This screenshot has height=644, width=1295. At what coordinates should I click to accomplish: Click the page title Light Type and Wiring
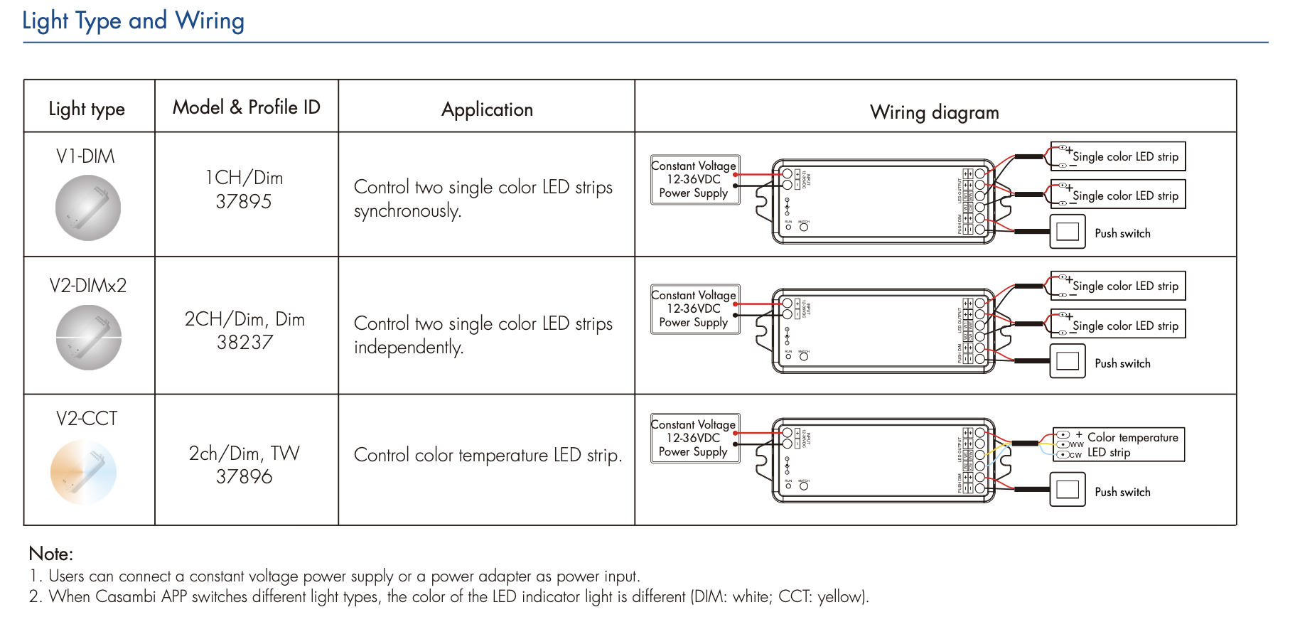pos(133,21)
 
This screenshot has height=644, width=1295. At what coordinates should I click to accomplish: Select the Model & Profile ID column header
pos(246,107)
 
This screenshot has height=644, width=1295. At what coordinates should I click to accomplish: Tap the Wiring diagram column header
pos(934,112)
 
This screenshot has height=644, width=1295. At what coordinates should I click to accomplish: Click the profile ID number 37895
pos(244,202)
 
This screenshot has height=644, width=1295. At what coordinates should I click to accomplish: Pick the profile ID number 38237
pos(245,343)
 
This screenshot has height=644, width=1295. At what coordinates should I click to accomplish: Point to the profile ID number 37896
pos(244,476)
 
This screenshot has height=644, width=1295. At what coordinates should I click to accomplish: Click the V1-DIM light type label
pos(85,156)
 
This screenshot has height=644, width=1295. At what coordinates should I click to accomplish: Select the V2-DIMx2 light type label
pos(87,286)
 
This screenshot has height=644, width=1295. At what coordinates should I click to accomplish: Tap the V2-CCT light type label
pos(87,419)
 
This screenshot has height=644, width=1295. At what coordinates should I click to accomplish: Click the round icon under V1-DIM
pos(88,208)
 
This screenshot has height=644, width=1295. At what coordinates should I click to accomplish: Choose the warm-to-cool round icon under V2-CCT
pos(84,472)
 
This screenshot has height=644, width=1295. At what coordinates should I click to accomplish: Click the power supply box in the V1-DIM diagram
pos(694,179)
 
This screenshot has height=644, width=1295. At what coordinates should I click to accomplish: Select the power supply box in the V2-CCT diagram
pos(694,438)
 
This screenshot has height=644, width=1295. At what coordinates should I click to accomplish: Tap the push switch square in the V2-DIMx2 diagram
pos(1067,361)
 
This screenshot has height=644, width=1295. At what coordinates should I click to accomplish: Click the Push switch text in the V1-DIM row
pos(1122,233)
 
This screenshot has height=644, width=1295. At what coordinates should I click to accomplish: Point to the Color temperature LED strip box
pos(1119,444)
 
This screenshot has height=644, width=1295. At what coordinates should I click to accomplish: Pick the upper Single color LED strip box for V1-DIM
pos(1118,156)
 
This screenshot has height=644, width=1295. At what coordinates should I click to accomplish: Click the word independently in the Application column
pos(408,348)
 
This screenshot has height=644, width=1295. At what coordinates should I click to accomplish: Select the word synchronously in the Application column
pos(407,211)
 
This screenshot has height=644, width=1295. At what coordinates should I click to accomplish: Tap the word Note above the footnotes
pos(50,554)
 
